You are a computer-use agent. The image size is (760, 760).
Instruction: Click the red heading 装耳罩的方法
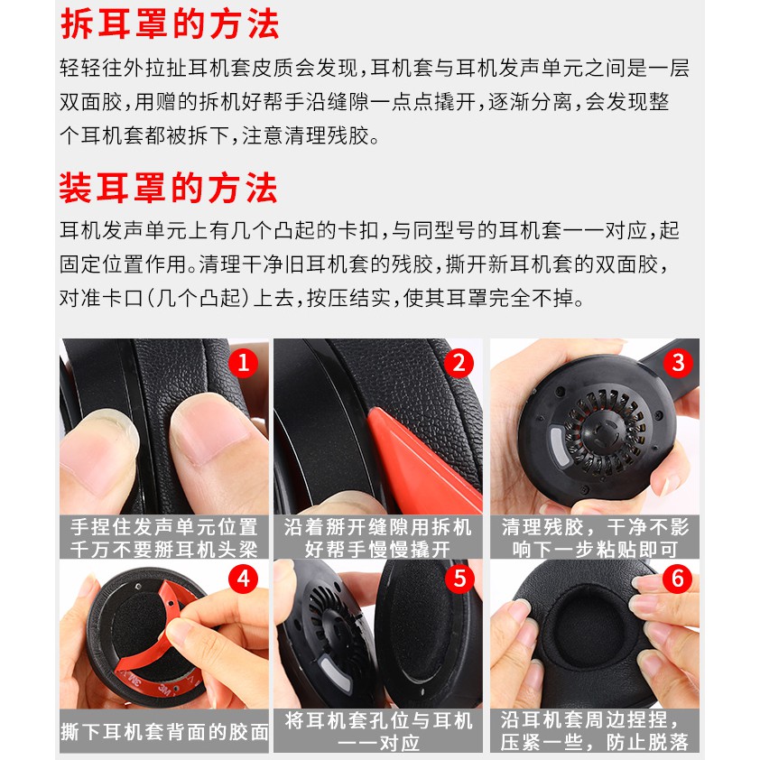169,188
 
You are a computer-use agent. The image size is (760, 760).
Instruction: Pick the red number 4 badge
244,579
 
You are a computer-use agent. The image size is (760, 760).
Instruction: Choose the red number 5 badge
460,579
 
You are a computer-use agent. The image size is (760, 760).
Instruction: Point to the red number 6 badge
677,579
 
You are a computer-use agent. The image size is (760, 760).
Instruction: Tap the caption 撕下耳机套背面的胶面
164,731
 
